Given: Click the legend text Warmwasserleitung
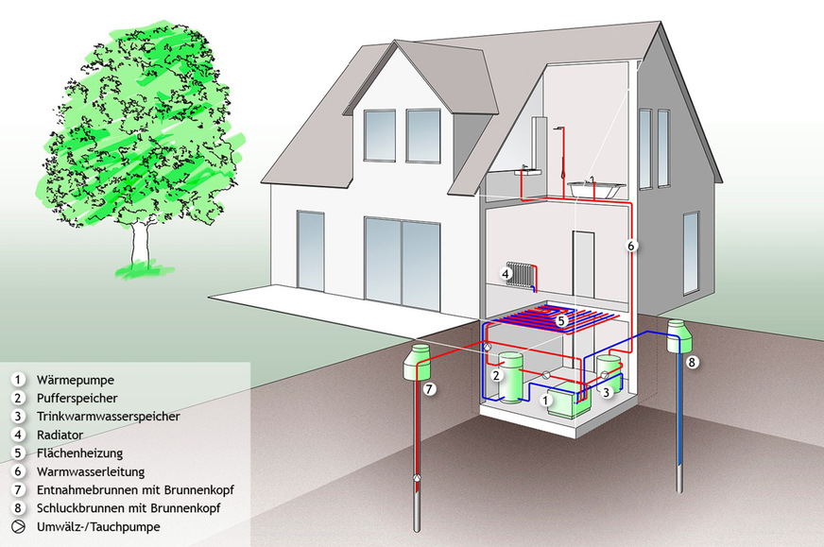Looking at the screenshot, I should pos(82,470).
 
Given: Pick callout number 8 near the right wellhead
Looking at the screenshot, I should pos(693,362).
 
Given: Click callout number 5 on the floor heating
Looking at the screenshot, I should pos(561,321).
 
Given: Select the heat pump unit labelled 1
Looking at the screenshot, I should pos(568,402).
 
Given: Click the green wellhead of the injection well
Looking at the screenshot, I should pos(678,335).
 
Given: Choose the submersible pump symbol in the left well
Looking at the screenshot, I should pos(416,476).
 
